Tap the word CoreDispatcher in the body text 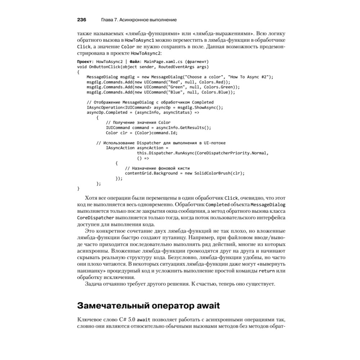click(96, 218)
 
